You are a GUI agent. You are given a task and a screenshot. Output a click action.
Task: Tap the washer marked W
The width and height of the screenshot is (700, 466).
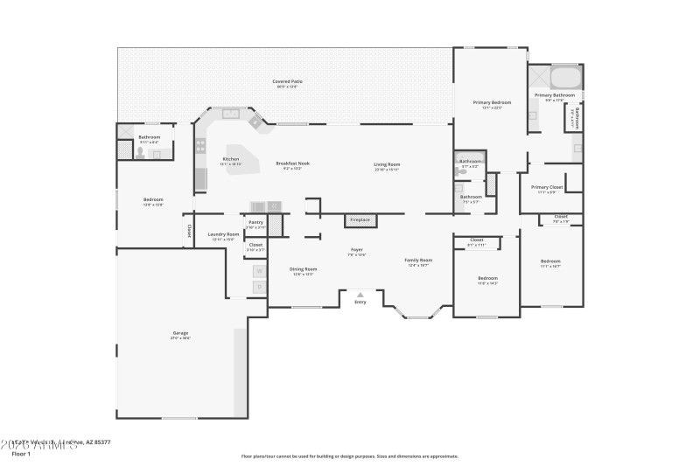(x=259, y=271)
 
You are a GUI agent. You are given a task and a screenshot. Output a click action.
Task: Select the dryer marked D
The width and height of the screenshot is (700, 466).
(x=259, y=286)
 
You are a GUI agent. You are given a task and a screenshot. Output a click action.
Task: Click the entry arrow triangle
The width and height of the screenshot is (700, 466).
(x=360, y=295)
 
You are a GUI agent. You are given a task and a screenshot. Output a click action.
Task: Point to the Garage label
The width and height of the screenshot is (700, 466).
(x=180, y=333)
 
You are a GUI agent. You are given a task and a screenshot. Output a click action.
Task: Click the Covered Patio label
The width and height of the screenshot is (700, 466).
(x=286, y=82)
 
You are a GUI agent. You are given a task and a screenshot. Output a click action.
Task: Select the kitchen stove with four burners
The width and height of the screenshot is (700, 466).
(x=200, y=145)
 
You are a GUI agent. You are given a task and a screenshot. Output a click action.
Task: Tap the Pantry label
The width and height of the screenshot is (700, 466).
(x=255, y=223)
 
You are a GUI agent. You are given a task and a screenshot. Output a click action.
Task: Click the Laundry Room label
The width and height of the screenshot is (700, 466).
(x=223, y=234)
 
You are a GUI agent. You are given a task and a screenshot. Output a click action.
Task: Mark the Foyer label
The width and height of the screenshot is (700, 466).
(x=356, y=250)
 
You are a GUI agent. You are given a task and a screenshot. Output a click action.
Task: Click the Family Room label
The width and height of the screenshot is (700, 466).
(x=418, y=260)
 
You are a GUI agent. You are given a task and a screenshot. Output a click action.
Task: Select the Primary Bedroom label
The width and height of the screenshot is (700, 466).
(x=492, y=103)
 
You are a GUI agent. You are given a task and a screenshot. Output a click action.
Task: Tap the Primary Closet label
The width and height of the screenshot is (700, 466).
(x=547, y=187)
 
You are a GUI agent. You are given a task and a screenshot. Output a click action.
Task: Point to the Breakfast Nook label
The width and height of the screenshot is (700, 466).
(x=292, y=163)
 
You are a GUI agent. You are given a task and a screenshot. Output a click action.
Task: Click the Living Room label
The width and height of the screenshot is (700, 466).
(x=387, y=164)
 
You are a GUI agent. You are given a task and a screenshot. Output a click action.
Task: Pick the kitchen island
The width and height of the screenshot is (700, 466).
(x=242, y=160)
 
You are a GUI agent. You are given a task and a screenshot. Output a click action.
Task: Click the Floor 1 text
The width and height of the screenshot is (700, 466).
(x=20, y=454)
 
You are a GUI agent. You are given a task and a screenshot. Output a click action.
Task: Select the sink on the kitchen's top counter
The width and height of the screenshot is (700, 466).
(x=232, y=113)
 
